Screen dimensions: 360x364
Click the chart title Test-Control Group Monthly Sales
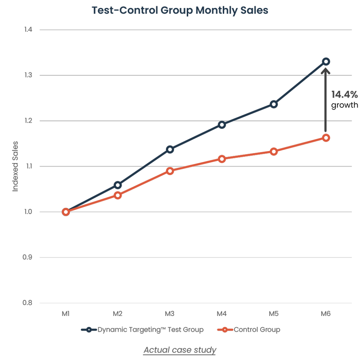pos(179,10)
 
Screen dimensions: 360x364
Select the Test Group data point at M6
pos(326,62)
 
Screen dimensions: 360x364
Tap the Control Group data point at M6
pos(326,138)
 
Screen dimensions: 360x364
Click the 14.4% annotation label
pos(344,95)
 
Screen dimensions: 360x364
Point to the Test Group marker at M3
pos(170,149)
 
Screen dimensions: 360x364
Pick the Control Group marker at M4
pos(222,159)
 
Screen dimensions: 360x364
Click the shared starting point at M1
pos(66,212)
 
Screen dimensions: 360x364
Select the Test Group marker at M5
pos(274,104)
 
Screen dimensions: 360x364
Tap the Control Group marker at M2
pos(118,195)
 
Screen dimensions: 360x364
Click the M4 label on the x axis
pos(222,313)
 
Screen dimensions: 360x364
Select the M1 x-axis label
pos(66,313)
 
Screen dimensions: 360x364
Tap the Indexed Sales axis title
pos(16,166)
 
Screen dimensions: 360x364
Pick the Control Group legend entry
pos(249,330)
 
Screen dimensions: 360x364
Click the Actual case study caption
pos(180,350)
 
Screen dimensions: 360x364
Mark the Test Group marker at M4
pos(222,125)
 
